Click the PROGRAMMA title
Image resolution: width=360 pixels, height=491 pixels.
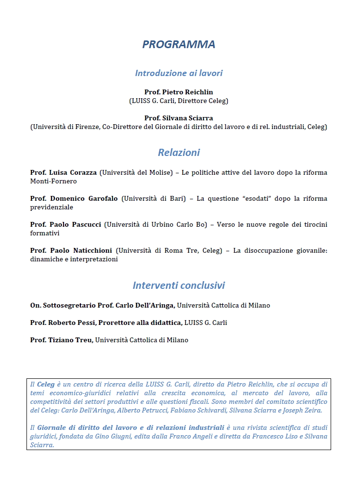pyautogui.click(x=179, y=44)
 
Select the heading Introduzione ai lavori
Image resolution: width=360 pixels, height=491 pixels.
pyautogui.click(x=179, y=73)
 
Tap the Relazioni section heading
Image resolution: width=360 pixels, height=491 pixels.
pyautogui.click(x=179, y=153)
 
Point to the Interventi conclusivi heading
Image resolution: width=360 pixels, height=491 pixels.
pyautogui.click(x=179, y=285)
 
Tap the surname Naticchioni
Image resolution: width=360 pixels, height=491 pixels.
pyautogui.click(x=92, y=250)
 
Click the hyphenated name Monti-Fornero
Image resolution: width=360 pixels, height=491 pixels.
pyautogui.click(x=53, y=181)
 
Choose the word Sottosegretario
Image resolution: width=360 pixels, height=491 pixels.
pyautogui.click(x=69, y=305)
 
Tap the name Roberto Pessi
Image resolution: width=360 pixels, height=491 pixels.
pyautogui.click(x=71, y=323)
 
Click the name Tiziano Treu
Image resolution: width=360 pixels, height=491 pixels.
pyautogui.click(x=71, y=340)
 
